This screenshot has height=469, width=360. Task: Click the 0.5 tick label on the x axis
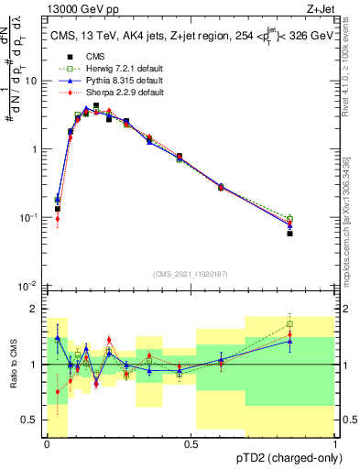(x=191, y=443)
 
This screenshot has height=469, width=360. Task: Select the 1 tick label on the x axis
(x=336, y=443)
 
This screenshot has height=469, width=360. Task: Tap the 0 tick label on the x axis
(x=47, y=443)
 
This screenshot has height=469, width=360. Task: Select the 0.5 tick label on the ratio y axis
(x=30, y=420)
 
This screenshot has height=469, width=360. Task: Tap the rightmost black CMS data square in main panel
(x=289, y=234)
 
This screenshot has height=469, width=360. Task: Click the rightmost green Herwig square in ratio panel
(x=289, y=324)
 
